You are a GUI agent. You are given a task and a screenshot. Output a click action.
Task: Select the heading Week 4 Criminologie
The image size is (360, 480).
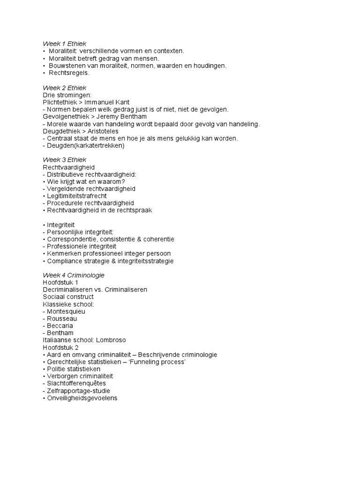pos(74,275)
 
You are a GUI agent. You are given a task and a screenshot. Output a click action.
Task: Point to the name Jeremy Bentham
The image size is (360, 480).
pos(134,116)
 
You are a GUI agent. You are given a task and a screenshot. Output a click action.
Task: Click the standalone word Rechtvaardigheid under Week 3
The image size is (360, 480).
pos(68,167)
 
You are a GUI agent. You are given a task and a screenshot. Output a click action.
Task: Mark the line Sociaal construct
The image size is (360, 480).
pos(68,297)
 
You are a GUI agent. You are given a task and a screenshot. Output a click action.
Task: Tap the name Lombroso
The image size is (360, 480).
pos(109,340)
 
